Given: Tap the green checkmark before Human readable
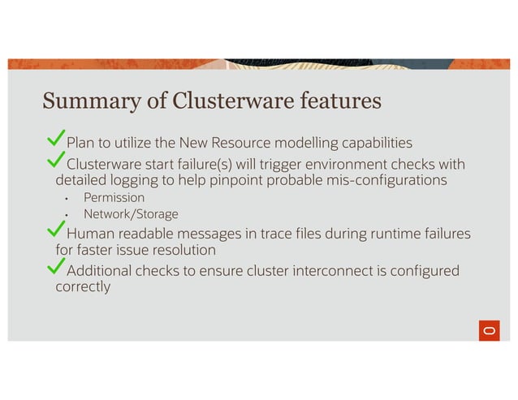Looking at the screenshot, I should pyautogui.click(x=57, y=232).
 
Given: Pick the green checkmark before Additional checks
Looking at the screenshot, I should pyautogui.click(x=57, y=268).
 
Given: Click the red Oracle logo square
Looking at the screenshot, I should pyautogui.click(x=489, y=331).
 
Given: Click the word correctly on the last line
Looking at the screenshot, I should pyautogui.click(x=83, y=286).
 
